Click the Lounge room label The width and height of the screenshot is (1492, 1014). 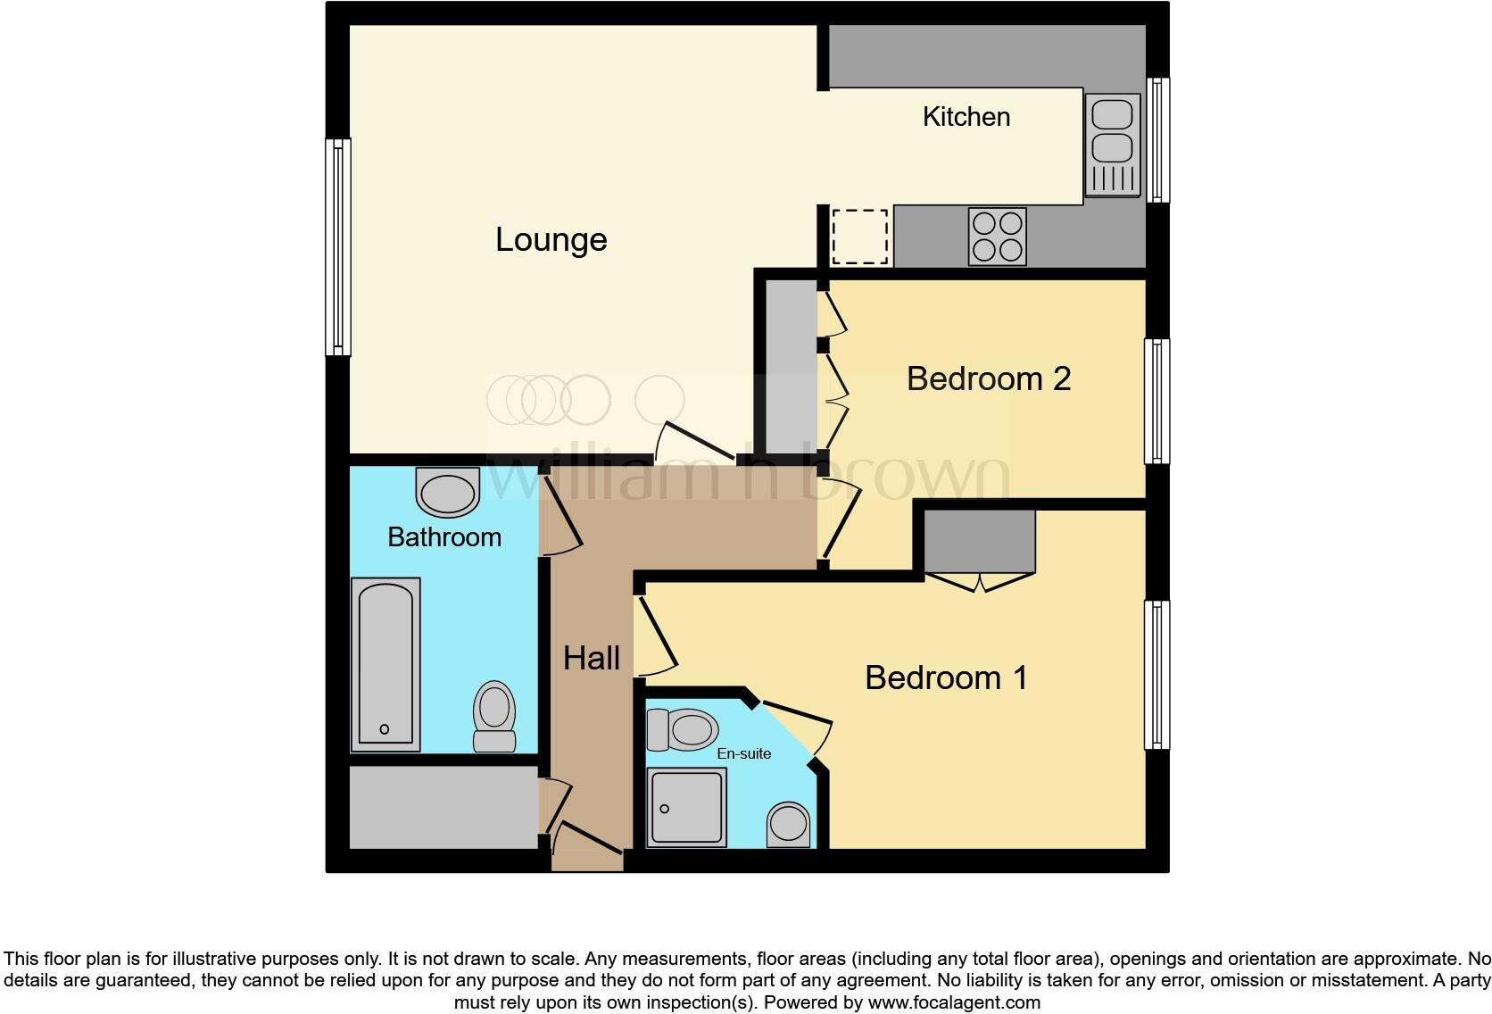551,240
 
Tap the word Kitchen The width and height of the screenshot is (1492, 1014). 966,117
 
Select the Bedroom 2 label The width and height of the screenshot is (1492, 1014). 988,378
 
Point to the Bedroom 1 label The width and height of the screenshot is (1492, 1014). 946,677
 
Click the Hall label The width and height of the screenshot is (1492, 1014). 591,659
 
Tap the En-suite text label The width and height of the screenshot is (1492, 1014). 743,753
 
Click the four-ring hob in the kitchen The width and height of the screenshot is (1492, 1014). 997,237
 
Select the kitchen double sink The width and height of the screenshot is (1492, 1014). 1112,145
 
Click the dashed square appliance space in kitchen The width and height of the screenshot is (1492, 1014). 859,237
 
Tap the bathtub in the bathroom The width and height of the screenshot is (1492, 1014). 385,664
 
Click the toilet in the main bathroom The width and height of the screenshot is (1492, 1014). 494,716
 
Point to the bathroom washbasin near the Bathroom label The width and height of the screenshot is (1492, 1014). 447,494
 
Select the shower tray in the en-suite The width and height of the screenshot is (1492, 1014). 686,807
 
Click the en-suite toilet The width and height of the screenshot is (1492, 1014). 682,729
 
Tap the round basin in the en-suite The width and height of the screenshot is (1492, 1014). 789,823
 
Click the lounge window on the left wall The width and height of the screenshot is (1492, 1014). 337,246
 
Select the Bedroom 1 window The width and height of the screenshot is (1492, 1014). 1156,674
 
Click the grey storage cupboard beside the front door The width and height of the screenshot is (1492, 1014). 443,807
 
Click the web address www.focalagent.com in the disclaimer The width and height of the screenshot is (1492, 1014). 954,1002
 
